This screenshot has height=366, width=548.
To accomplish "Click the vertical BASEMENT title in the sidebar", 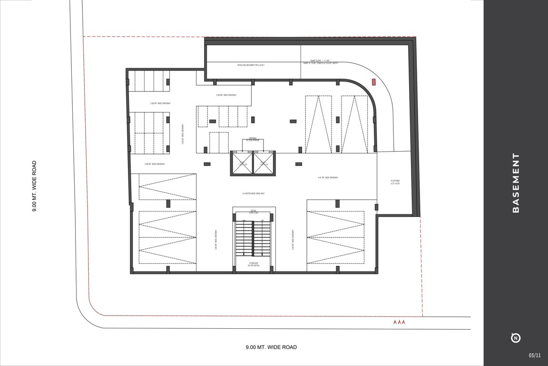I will point(516,183).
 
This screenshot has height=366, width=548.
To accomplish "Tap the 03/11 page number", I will point(535,355).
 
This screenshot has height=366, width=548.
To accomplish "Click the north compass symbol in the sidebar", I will point(516,338).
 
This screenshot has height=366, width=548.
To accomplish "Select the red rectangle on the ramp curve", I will point(374,82).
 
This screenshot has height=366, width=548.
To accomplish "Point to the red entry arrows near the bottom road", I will point(399,322).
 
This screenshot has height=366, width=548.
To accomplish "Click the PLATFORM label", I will point(395,182).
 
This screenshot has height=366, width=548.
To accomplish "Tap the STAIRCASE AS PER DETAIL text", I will point(253,264).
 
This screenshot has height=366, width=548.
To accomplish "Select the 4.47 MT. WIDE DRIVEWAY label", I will point(328,178).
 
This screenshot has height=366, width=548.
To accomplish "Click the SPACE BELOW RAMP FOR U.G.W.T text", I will point(251,65).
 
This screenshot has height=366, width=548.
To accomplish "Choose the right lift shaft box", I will point(264,163).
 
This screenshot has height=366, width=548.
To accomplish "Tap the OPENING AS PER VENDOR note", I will point(253,139).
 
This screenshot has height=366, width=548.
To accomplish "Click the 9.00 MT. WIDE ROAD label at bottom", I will point(271,347).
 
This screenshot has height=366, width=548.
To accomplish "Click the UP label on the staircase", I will point(262,221).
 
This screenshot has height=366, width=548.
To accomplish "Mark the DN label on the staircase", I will point(244,221).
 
